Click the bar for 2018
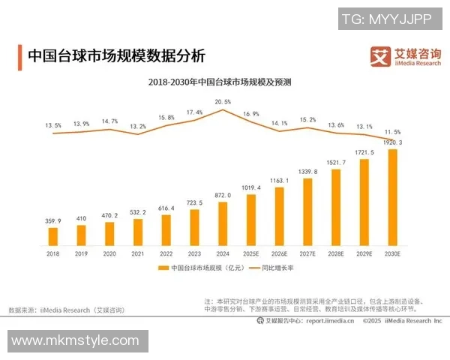pyautogui.click(x=53, y=237)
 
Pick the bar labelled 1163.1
pyautogui.click(x=279, y=217)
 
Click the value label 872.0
pyautogui.click(x=223, y=195)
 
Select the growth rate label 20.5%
pyautogui.click(x=223, y=101)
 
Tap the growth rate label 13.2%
pyautogui.click(x=138, y=126)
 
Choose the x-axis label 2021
pyautogui.click(x=138, y=254)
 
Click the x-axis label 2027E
pyautogui.click(x=307, y=254)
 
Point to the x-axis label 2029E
pyautogui.click(x=364, y=254)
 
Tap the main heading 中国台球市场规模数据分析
pyautogui.click(x=115, y=56)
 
